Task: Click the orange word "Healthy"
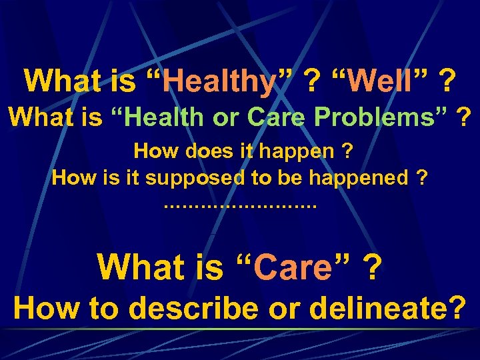click(x=219, y=82)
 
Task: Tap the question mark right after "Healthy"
click(x=311, y=82)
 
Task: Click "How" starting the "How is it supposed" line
click(x=72, y=178)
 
